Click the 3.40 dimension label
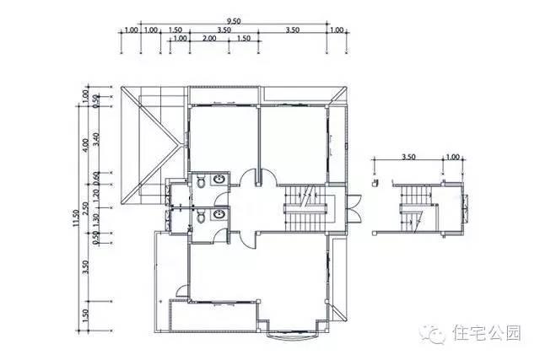tap(97, 139)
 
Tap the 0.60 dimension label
tap(97, 179)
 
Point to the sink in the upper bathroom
tap(219, 180)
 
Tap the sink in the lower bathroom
tap(219, 216)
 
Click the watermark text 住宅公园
tap(489, 333)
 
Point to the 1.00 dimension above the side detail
tap(452, 157)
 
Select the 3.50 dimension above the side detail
tap(409, 157)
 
